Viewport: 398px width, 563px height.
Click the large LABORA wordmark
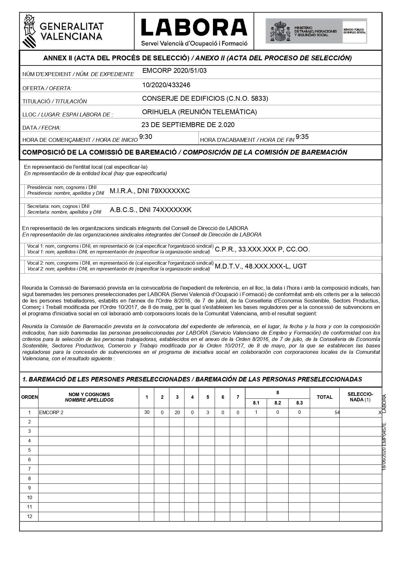(194, 27)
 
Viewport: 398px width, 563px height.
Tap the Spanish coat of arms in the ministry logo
(280, 31)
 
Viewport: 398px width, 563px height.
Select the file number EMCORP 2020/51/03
(174, 71)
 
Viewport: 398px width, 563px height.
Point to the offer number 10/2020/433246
(166, 85)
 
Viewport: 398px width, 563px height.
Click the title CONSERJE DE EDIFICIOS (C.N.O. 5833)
(205, 98)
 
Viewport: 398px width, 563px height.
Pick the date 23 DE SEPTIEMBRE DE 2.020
(188, 125)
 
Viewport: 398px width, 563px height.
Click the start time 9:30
(146, 137)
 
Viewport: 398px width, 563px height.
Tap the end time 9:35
(302, 137)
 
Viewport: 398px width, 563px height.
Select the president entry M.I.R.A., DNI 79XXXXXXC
(150, 191)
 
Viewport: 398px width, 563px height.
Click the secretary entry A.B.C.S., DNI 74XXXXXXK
(150, 210)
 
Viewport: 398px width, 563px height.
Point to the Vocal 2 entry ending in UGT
(261, 266)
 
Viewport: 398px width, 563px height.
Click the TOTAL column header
(325, 397)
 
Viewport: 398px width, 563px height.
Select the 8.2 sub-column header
(277, 403)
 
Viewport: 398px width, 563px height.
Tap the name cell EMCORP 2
(51, 413)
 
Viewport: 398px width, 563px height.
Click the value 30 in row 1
(147, 413)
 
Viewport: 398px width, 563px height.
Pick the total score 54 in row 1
(337, 413)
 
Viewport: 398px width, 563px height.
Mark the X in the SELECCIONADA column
(380, 413)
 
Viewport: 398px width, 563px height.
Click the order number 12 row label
(30, 516)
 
